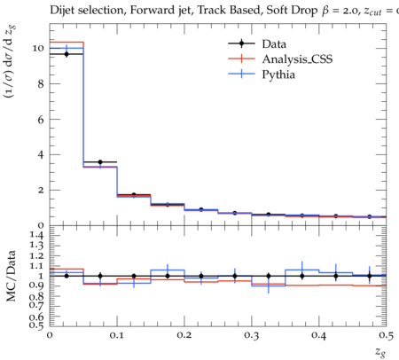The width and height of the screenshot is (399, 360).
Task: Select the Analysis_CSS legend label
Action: click(x=297, y=59)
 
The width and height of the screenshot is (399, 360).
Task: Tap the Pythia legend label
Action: click(x=278, y=74)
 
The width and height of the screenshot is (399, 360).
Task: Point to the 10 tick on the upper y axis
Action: click(x=38, y=48)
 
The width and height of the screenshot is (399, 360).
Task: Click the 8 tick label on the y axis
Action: click(x=41, y=83)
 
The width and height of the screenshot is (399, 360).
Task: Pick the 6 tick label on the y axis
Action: click(x=41, y=119)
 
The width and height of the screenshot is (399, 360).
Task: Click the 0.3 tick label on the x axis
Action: click(x=252, y=336)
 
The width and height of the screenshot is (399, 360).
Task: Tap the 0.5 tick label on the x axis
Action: click(x=386, y=336)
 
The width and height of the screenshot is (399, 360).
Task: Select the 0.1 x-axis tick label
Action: click(x=117, y=336)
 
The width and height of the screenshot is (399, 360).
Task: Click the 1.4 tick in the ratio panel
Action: click(x=37, y=235)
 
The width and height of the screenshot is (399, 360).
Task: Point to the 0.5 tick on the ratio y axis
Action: click(x=37, y=325)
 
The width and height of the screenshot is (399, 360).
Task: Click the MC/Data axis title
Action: click(x=11, y=276)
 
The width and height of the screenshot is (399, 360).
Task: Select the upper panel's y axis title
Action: click(x=10, y=61)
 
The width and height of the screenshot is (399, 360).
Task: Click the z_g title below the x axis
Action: click(x=380, y=352)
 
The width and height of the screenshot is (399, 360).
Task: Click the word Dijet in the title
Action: click(x=62, y=11)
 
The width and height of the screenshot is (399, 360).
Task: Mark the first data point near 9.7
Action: click(x=66, y=54)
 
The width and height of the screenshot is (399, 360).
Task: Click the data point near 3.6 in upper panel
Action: click(x=100, y=162)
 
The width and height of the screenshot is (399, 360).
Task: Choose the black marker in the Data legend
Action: click(x=241, y=43)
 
